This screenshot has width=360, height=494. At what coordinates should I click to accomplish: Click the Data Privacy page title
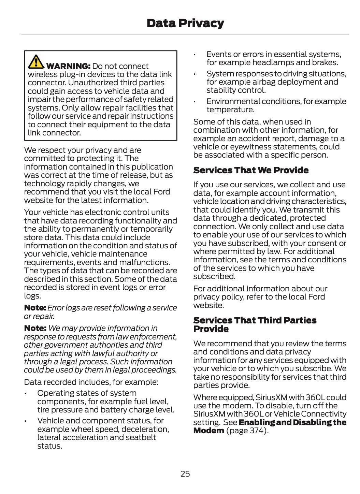pyautogui.click(x=185, y=23)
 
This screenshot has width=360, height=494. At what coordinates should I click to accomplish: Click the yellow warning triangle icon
pyautogui.click(x=35, y=61)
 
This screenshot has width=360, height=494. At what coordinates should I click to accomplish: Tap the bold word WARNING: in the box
pyautogui.click(x=68, y=66)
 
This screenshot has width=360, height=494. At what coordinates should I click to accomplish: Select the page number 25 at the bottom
pyautogui.click(x=185, y=474)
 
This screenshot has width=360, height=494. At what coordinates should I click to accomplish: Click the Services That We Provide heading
pyautogui.click(x=251, y=170)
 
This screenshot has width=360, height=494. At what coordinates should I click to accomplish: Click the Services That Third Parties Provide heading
pyautogui.click(x=255, y=324)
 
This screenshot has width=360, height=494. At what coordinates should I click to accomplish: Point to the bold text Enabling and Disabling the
pyautogui.click(x=292, y=422)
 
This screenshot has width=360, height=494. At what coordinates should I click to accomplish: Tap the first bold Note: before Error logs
pyautogui.click(x=35, y=308)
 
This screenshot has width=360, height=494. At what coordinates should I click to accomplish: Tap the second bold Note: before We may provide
pyautogui.click(x=35, y=328)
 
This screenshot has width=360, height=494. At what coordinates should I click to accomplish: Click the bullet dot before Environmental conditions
pyautogui.click(x=195, y=102)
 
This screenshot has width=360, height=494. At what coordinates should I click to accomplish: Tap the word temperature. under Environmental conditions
pyautogui.click(x=230, y=110)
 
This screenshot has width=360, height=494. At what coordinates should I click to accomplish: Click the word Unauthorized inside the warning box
pyautogui.click(x=92, y=83)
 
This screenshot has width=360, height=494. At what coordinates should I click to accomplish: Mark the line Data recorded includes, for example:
pyautogui.click(x=91, y=382)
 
